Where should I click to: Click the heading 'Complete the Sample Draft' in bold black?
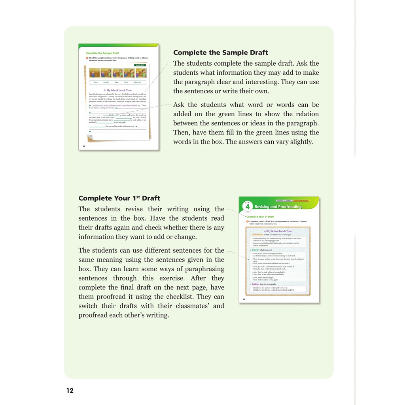point(221,53)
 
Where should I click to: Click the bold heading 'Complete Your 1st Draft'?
point(119,198)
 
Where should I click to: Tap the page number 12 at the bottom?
point(70,391)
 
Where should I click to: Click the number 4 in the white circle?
point(248,207)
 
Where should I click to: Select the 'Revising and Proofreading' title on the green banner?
point(278,206)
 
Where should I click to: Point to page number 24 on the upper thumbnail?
point(84,146)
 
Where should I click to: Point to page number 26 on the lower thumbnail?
point(244,299)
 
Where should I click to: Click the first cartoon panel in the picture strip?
point(95,73)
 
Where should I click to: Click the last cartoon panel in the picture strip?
point(141,73)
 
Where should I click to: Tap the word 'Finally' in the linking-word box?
point(106,82)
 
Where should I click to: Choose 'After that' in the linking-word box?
point(137,82)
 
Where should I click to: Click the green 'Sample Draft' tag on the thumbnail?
point(140,65)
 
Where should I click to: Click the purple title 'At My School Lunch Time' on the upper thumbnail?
point(117,90)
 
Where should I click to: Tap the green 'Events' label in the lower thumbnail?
point(255,250)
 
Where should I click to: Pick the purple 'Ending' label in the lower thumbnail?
point(255,284)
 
